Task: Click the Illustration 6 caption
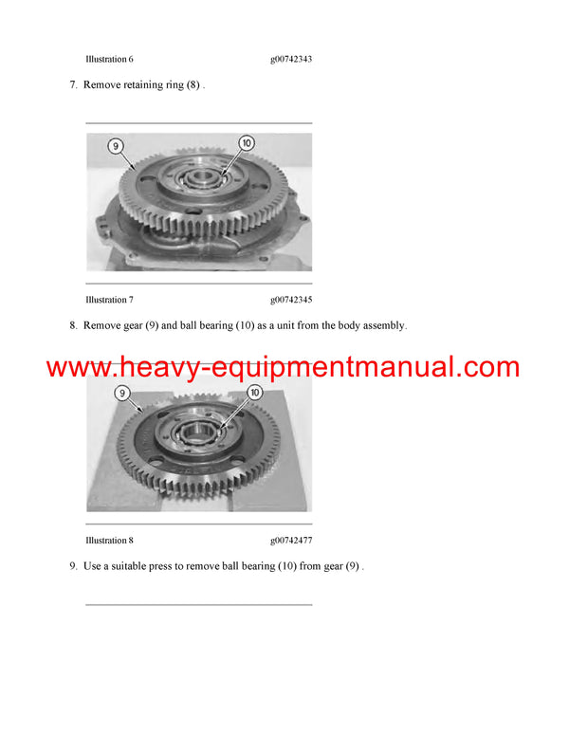(x=109, y=59)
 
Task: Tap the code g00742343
(x=291, y=59)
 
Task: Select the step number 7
(x=73, y=84)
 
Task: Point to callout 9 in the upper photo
(x=115, y=146)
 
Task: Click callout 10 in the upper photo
(x=247, y=143)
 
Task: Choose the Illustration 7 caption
(x=109, y=300)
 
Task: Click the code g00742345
(x=291, y=300)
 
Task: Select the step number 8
(x=73, y=325)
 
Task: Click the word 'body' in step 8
(x=335, y=325)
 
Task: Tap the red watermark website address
(x=283, y=367)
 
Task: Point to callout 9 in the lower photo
(x=120, y=392)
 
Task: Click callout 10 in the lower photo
(x=254, y=392)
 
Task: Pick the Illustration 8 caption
(x=109, y=541)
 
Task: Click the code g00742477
(x=291, y=541)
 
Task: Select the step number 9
(x=73, y=566)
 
